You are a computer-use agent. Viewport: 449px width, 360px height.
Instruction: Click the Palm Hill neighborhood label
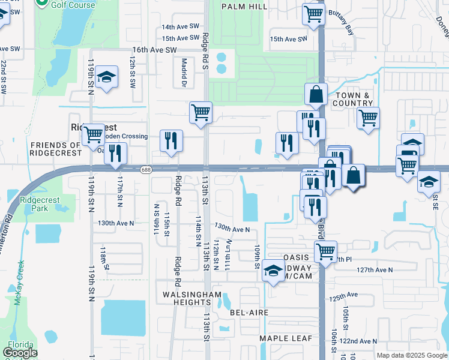click(244, 7)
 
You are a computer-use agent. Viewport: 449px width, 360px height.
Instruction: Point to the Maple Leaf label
click(286, 338)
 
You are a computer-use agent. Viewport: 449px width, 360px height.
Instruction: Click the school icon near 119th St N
click(107, 77)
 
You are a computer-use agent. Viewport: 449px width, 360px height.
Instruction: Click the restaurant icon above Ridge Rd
click(172, 142)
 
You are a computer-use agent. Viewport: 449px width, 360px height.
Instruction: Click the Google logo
click(20, 353)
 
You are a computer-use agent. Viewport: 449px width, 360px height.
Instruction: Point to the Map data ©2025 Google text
click(411, 355)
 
